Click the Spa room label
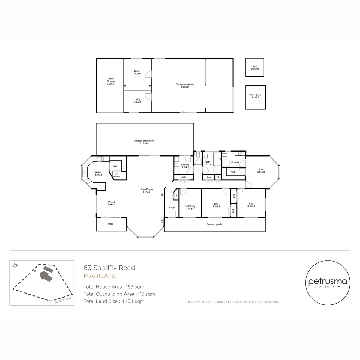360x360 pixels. [255, 67]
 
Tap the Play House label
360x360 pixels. [255, 96]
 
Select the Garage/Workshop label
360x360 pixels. [185, 85]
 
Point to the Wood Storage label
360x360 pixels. [111, 81]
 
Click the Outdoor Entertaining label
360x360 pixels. [144, 142]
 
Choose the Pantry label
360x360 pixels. [115, 166]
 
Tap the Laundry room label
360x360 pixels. [185, 166]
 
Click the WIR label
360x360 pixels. [233, 172]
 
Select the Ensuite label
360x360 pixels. [235, 162]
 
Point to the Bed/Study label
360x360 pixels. [190, 207]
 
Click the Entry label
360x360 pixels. [172, 208]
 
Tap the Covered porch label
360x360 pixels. [214, 224]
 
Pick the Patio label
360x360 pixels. [111, 224]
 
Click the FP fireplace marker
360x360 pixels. [162, 195]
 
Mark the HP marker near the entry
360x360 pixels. [162, 220]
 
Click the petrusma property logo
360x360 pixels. [328, 283]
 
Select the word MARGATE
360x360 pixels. [100, 276]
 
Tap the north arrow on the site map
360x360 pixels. [15, 265]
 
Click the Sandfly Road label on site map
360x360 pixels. [63, 300]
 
